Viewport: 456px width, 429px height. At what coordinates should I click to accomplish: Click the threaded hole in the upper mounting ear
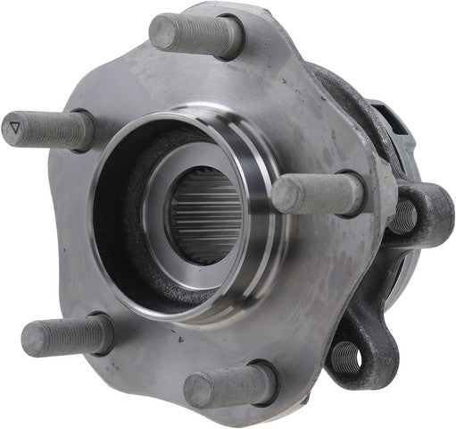coord(406,215)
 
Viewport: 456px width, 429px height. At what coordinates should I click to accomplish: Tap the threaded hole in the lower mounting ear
coord(346,358)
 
